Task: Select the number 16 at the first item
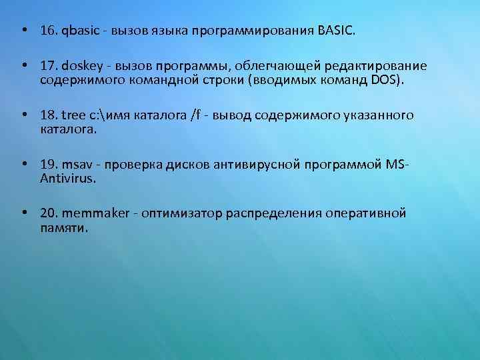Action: (48, 31)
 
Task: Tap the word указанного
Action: (375, 116)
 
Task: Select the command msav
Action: (77, 165)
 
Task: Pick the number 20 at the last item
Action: (48, 214)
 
